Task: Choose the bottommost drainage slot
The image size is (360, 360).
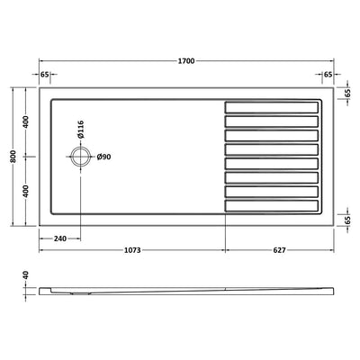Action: point(272,204)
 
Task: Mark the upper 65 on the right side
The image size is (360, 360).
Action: point(346,92)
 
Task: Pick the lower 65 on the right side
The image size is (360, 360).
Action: point(346,219)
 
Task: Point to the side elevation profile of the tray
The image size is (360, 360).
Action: point(180,290)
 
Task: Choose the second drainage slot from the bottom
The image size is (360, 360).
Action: point(272,191)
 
